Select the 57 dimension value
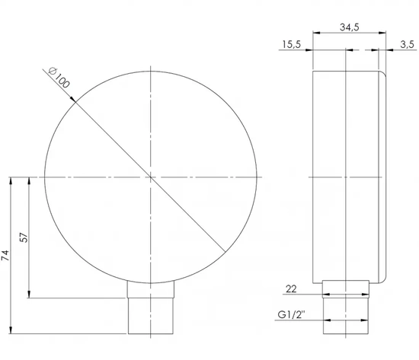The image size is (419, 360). point(23,237)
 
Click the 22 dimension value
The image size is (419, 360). point(291,288)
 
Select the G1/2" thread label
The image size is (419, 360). point(293,314)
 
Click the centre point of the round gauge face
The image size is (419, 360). point(152,178)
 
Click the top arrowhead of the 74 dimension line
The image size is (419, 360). point(11,180)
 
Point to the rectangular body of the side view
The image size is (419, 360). point(347,175)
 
